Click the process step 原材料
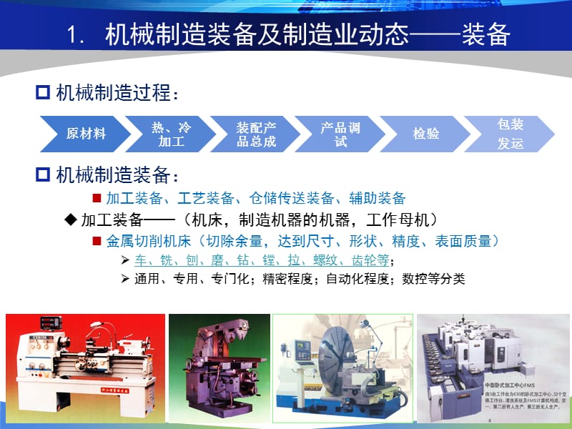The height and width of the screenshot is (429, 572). pos(86,134)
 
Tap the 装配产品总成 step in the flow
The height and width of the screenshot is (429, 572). pos(256,134)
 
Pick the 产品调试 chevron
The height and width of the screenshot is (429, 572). pos(340,134)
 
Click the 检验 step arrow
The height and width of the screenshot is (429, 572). pos(426,134)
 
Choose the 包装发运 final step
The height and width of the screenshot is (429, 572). pos(510,134)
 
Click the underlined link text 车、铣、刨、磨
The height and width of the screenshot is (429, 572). pos(173,260)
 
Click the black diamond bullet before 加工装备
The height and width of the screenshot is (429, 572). pos(70,219)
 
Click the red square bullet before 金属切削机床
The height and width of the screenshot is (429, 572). pos(97,241)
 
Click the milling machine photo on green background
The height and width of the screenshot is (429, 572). pos(217,368)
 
